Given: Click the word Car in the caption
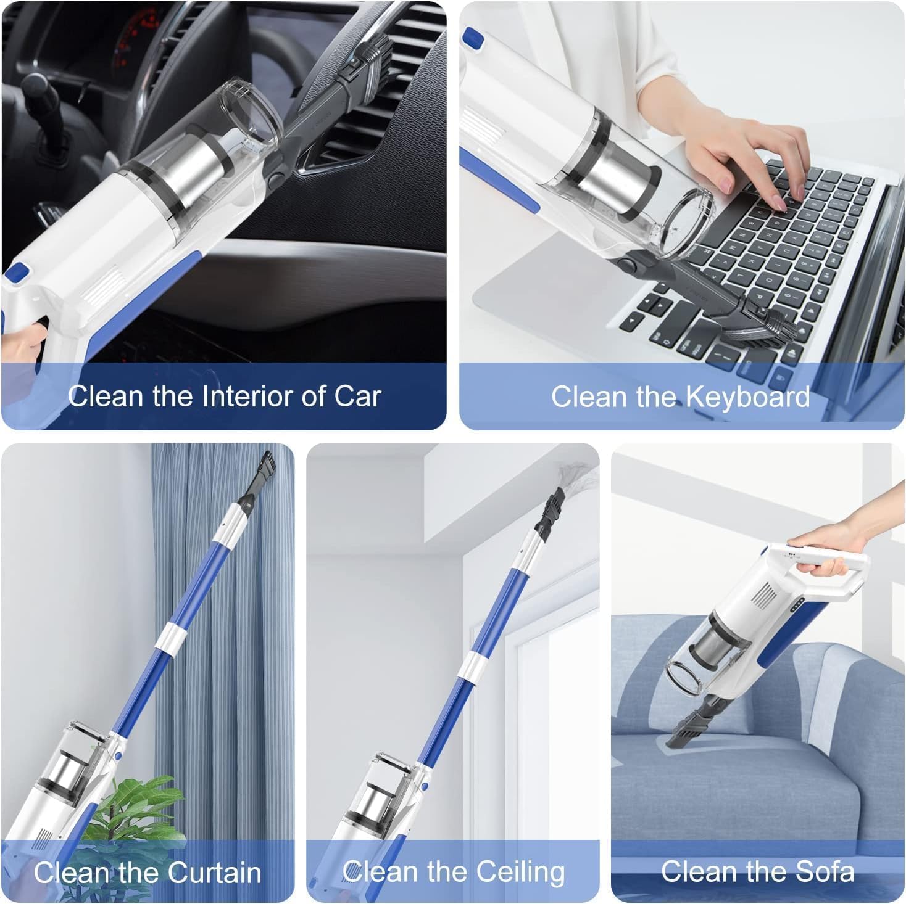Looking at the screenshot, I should click(x=357, y=396).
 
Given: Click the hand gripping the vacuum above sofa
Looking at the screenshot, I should click(x=827, y=549).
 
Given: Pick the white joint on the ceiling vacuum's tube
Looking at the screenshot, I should click(x=473, y=665).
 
